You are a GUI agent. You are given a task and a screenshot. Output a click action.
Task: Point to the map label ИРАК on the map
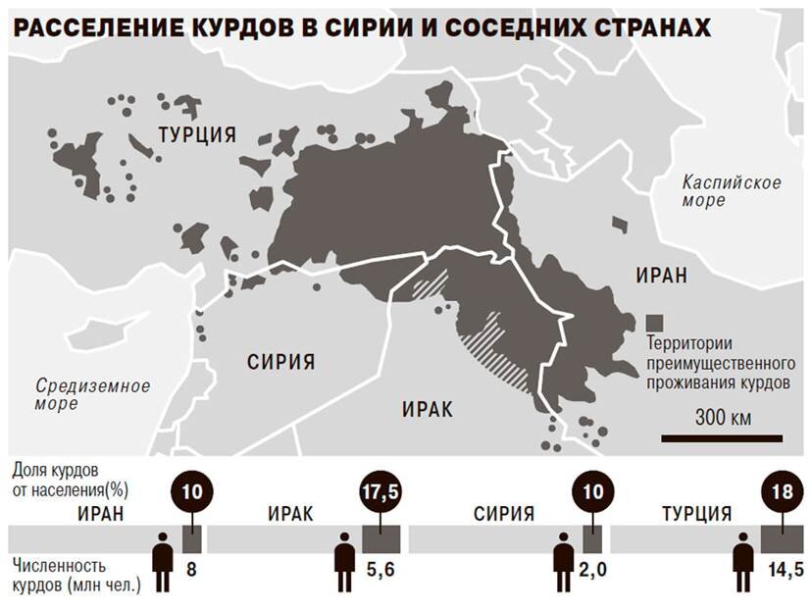[x=428, y=409]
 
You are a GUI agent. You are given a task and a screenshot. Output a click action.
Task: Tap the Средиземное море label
[x=92, y=393]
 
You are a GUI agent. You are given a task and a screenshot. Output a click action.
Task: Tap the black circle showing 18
[x=781, y=492]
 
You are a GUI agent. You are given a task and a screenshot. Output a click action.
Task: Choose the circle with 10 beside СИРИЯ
[x=591, y=493]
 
